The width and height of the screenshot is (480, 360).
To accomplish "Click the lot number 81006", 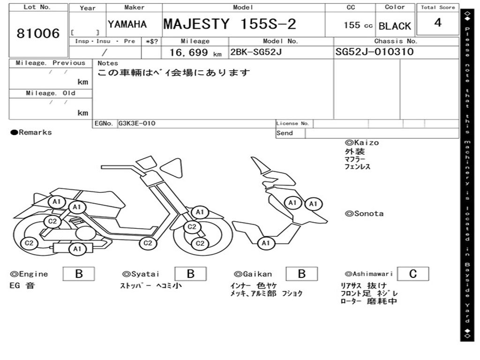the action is tap(38, 34).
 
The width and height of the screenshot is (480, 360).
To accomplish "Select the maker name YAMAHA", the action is tap(127, 24).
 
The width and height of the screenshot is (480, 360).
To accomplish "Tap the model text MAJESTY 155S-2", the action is tap(230, 24).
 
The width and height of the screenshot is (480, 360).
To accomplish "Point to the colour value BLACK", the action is tap(395, 26).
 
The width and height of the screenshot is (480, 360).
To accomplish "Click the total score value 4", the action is tap(438, 22).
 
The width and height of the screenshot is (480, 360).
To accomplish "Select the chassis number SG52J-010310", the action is tap(375, 52).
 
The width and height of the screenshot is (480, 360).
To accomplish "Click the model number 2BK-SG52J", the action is tap(255, 52).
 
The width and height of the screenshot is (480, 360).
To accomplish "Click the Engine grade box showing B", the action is tap(79, 274).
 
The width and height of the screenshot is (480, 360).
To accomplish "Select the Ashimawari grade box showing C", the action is tap(412, 274).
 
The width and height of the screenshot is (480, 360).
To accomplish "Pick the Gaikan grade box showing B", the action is tap(302, 274).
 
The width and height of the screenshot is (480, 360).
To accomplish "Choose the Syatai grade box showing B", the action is tap(190, 274).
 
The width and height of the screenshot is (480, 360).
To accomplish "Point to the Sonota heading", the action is tap(364, 214).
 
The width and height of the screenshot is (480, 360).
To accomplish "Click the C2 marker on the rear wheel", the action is tap(29, 243).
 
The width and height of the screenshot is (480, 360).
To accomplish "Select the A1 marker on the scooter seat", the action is tap(57, 202).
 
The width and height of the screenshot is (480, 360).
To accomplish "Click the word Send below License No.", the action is tap(285, 133).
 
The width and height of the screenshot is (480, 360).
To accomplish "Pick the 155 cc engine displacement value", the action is tap(358, 25).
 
